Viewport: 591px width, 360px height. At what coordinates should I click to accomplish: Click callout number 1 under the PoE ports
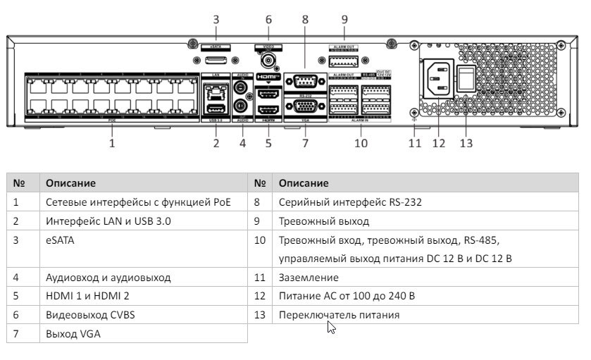click(x=111, y=143)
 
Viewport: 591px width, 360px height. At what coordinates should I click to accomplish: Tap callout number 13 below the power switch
click(x=466, y=143)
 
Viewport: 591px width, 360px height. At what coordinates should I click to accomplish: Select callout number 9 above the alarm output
click(x=344, y=20)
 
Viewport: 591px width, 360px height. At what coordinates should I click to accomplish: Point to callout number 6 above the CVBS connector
click(x=268, y=20)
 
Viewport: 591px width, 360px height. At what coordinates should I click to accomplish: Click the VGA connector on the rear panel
click(x=305, y=108)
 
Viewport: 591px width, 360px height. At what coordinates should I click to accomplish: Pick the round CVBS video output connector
click(x=268, y=61)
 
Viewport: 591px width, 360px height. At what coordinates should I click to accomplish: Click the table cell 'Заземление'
click(x=309, y=278)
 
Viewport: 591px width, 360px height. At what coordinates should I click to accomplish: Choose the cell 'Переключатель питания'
click(x=339, y=315)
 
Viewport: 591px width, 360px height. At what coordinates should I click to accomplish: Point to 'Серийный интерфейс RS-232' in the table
click(x=350, y=203)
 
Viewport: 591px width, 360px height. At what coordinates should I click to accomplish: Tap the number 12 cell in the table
click(x=259, y=296)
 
